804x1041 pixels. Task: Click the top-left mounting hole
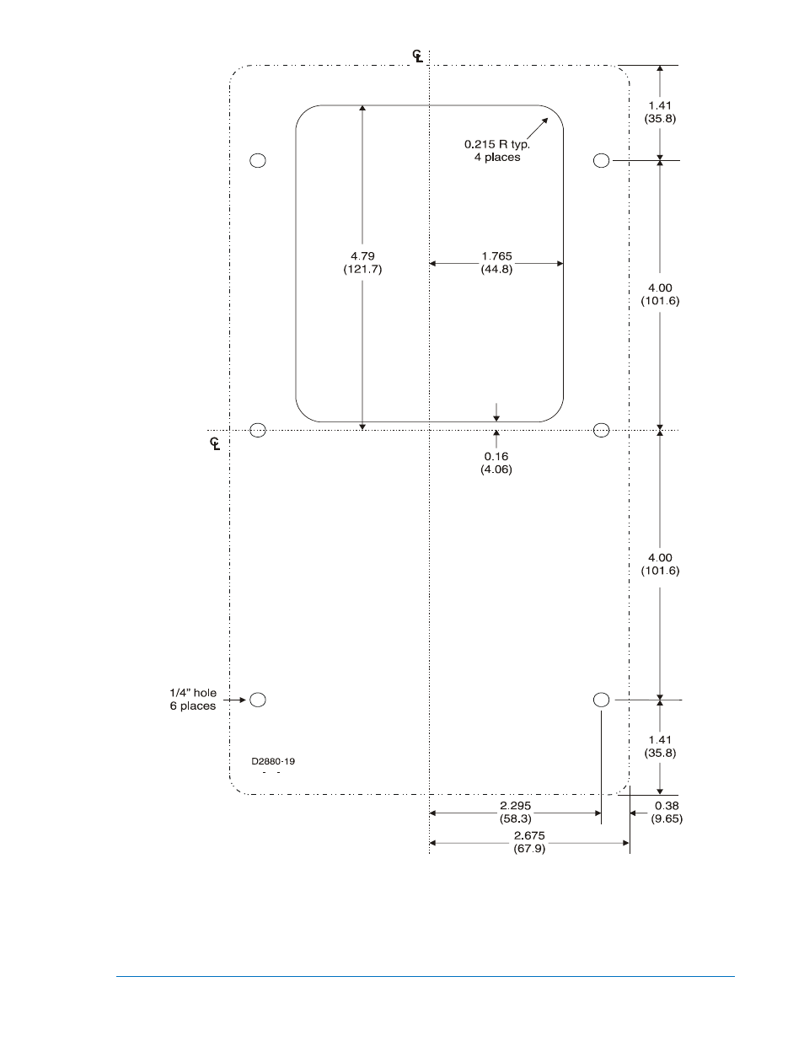pos(258,160)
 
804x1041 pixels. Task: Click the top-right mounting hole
pos(601,160)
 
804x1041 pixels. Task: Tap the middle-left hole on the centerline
pos(258,430)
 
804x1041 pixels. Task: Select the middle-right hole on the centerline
pos(601,430)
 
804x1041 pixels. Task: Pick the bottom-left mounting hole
pos(258,699)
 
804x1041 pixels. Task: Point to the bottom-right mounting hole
pos(601,699)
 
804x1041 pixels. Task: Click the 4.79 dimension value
pos(362,255)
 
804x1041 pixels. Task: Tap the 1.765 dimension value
pos(496,256)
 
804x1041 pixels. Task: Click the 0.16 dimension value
pos(496,456)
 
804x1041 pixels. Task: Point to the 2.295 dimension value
pos(516,806)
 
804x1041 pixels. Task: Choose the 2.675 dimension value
pos(529,835)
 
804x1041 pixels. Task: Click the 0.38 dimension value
pos(666,806)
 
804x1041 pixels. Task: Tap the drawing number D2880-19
pos(273,761)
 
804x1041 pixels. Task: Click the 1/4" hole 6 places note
pos(193,699)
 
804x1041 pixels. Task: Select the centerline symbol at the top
pos(418,56)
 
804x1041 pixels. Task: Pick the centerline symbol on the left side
pos(216,443)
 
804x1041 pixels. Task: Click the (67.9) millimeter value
pos(529,848)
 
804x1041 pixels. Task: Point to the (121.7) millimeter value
pos(362,269)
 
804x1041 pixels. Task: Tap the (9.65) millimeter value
pos(666,818)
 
